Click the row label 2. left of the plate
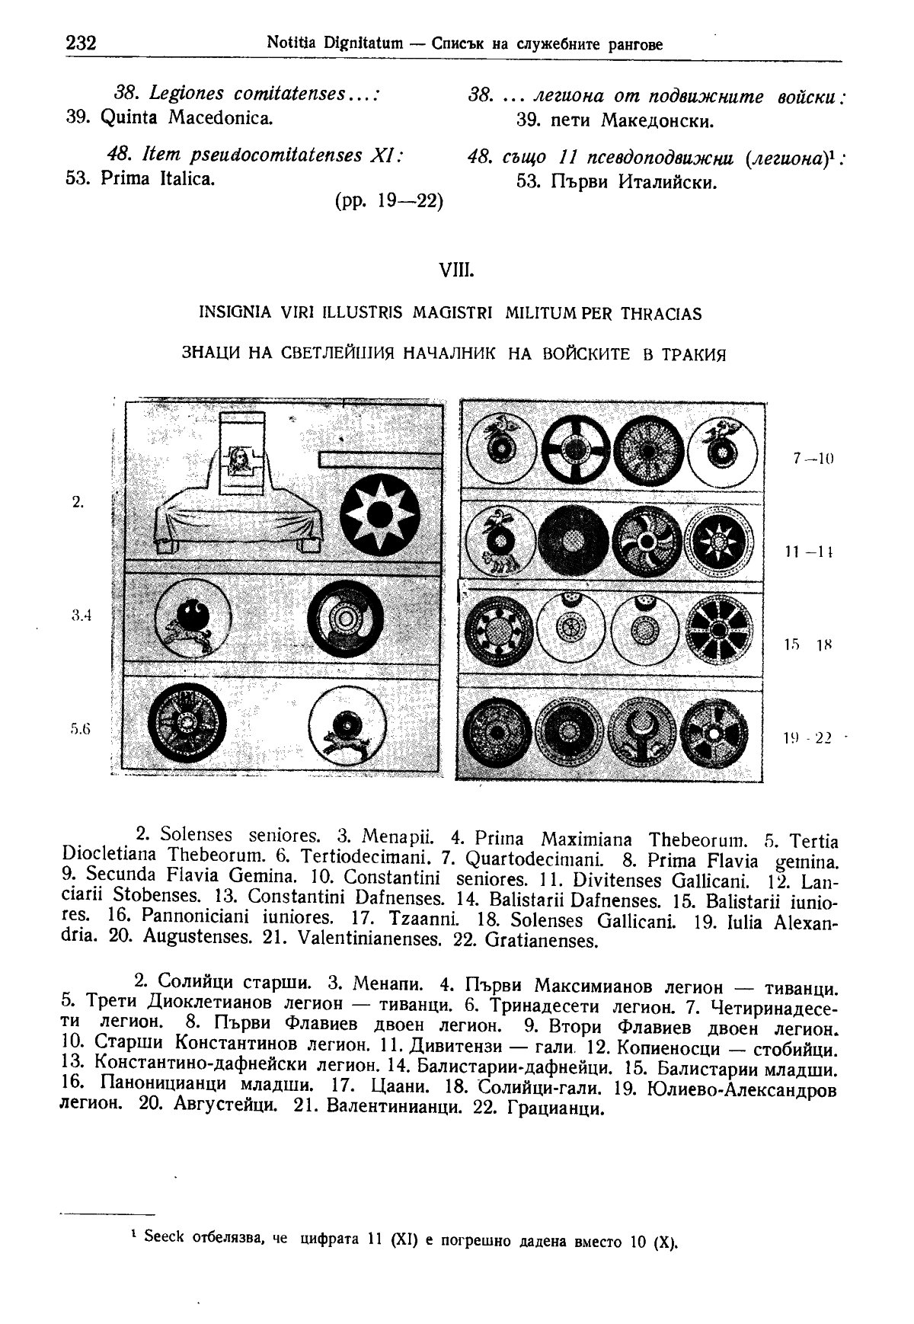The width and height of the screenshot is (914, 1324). click(x=78, y=501)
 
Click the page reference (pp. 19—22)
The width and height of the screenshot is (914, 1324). click(x=388, y=203)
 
